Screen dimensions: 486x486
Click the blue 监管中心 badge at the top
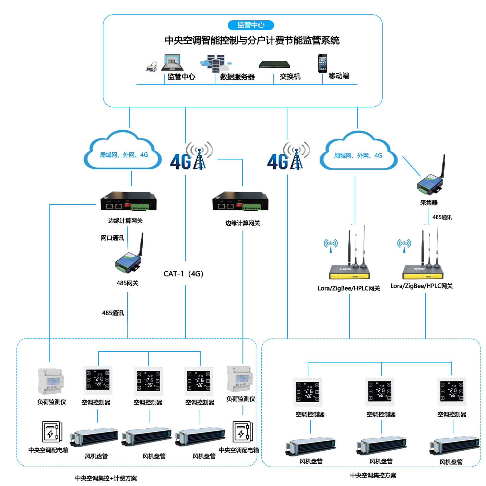point(251,25)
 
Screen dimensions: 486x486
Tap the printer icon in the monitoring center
point(151,67)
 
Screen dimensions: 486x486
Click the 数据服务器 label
point(237,77)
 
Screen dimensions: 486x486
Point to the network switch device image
point(274,64)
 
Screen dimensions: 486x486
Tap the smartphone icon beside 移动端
point(322,63)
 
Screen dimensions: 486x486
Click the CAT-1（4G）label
point(183,274)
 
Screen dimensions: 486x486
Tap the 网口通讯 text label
point(112,238)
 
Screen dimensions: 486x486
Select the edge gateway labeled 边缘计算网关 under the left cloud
point(128,202)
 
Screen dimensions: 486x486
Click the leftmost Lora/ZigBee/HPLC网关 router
point(349,268)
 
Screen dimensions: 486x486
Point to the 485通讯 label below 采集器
point(442,217)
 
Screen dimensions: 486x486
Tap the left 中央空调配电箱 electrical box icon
point(52,432)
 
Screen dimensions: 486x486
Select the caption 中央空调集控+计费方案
point(106,478)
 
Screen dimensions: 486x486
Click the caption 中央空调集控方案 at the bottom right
point(373,475)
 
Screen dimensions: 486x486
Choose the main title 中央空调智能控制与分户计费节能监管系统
point(252,40)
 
